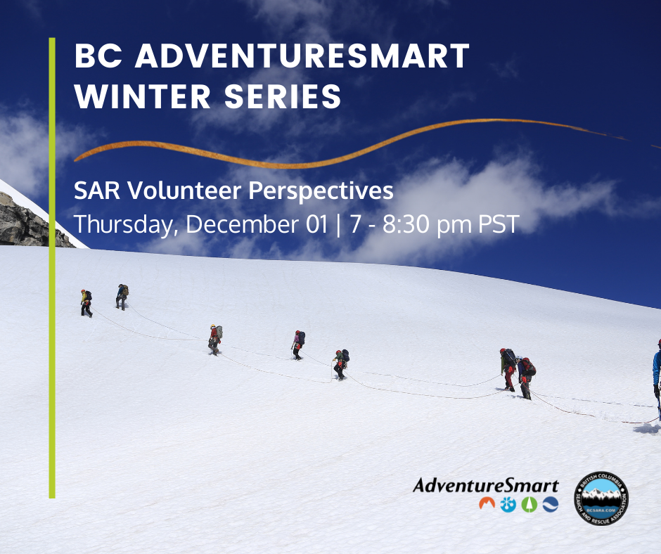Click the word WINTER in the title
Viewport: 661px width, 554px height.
coord(143,96)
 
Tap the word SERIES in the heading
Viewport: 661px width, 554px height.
coord(283,96)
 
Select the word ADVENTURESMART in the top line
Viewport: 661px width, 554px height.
coord(302,56)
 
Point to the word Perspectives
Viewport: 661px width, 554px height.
coord(321,192)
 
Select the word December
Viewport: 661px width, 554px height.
coord(242,224)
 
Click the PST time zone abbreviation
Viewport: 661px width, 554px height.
coord(499,224)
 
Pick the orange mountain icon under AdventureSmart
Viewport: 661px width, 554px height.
coord(487,503)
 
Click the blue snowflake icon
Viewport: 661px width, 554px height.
coord(508,505)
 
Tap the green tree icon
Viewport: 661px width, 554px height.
coord(529,505)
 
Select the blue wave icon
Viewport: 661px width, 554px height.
coord(550,505)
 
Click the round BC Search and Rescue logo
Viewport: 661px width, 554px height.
coord(601,498)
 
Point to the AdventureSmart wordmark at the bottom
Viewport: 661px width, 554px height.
coord(486,485)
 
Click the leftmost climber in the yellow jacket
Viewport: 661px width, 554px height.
coord(86,303)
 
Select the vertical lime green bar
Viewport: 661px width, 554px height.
coord(52,268)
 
